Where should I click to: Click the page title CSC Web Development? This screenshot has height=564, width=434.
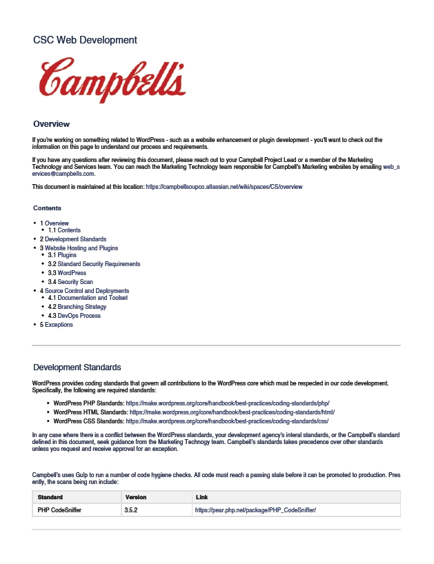pyautogui.click(x=85, y=41)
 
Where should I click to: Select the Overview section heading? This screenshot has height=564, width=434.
pyautogui.click(x=52, y=124)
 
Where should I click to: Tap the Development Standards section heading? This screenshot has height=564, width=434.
pyautogui.click(x=77, y=367)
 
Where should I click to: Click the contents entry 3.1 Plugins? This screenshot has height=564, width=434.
pyautogui.click(x=67, y=256)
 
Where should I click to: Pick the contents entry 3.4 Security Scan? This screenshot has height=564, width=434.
pyautogui.click(x=75, y=282)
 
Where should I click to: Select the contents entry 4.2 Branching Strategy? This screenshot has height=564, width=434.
pyautogui.click(x=81, y=307)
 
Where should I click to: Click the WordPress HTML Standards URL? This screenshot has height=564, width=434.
pyautogui.click(x=232, y=412)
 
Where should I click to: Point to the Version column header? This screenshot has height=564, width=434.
pyautogui.click(x=135, y=497)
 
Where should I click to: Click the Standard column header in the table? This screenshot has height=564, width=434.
pyautogui.click(x=50, y=497)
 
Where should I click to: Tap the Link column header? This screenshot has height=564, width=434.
pyautogui.click(x=201, y=497)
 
